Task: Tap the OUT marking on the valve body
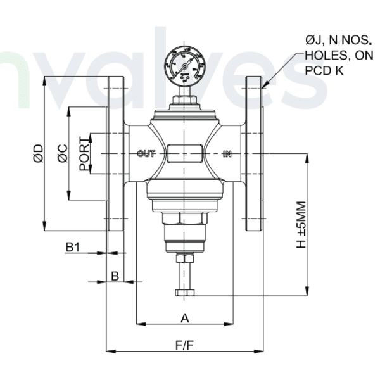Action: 146,153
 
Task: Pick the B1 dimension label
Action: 73,246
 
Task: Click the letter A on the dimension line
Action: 185,317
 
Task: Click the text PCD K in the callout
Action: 324,70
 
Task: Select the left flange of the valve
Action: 115,154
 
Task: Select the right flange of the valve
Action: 254,154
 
